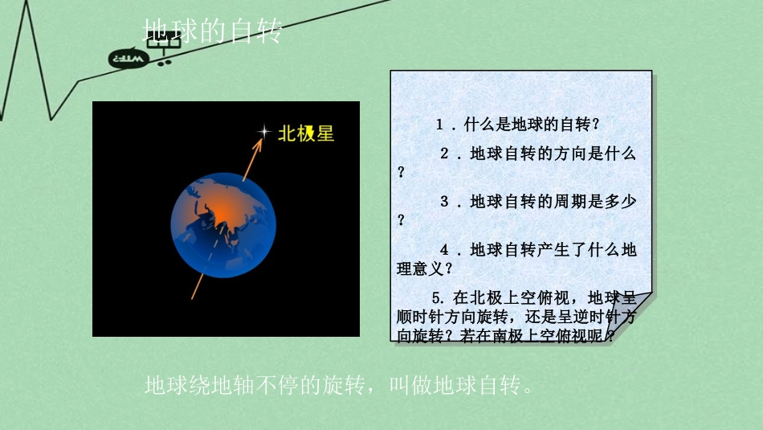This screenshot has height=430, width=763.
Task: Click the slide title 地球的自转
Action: pyautogui.click(x=213, y=31)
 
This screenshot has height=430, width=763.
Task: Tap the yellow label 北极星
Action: pyautogui.click(x=305, y=133)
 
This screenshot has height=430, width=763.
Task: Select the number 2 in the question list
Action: pyautogui.click(x=444, y=154)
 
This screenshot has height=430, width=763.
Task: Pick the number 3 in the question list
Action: pyautogui.click(x=444, y=202)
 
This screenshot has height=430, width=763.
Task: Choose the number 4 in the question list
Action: pyautogui.click(x=444, y=250)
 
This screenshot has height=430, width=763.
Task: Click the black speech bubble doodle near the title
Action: pyautogui.click(x=129, y=59)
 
